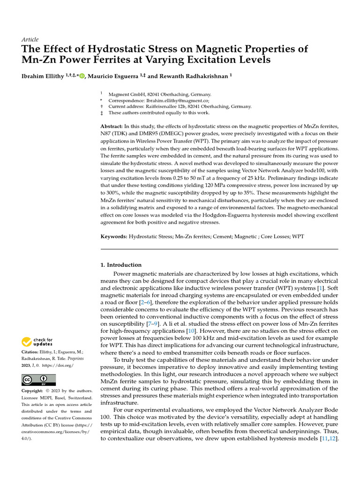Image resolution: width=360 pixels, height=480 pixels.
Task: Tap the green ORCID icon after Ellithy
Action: coord(82,76)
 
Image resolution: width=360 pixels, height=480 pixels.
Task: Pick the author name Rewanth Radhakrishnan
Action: coord(195,76)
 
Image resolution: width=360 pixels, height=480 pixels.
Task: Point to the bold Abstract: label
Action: coord(112,127)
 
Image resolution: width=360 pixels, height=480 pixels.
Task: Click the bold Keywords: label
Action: coord(114,237)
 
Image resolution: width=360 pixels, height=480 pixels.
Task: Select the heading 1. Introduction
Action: coord(121,265)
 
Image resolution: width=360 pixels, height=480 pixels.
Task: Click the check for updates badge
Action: coord(37,342)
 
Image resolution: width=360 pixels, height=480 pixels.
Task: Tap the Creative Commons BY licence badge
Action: coord(38,380)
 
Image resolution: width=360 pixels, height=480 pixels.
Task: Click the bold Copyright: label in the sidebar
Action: coord(32,391)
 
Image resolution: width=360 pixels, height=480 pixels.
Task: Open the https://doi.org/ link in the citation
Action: coord(60,365)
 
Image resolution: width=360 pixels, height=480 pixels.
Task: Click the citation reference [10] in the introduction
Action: coord(191,331)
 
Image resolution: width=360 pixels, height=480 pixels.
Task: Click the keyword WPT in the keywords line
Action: coord(298,237)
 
